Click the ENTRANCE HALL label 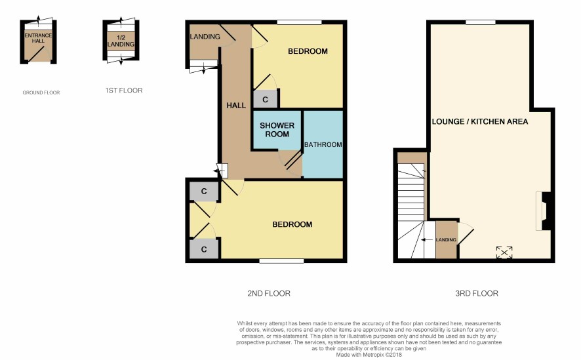[x=38, y=38]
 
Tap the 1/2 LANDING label [x=121, y=41]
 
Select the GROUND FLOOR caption [x=41, y=92]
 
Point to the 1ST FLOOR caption [x=124, y=90]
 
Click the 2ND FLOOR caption [x=269, y=293]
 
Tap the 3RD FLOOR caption [x=477, y=293]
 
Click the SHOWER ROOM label [x=277, y=130]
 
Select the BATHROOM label [x=323, y=144]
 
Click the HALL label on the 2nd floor [x=236, y=106]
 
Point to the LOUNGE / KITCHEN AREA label [x=480, y=121]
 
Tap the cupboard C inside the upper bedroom [x=265, y=99]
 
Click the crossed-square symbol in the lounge [x=504, y=252]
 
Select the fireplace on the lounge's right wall [x=544, y=211]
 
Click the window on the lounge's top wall [x=481, y=22]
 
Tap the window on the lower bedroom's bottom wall [x=281, y=261]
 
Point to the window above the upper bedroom [x=300, y=22]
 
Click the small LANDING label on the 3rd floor [x=446, y=239]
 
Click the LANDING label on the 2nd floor [x=205, y=36]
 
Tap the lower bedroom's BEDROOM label [x=292, y=224]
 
